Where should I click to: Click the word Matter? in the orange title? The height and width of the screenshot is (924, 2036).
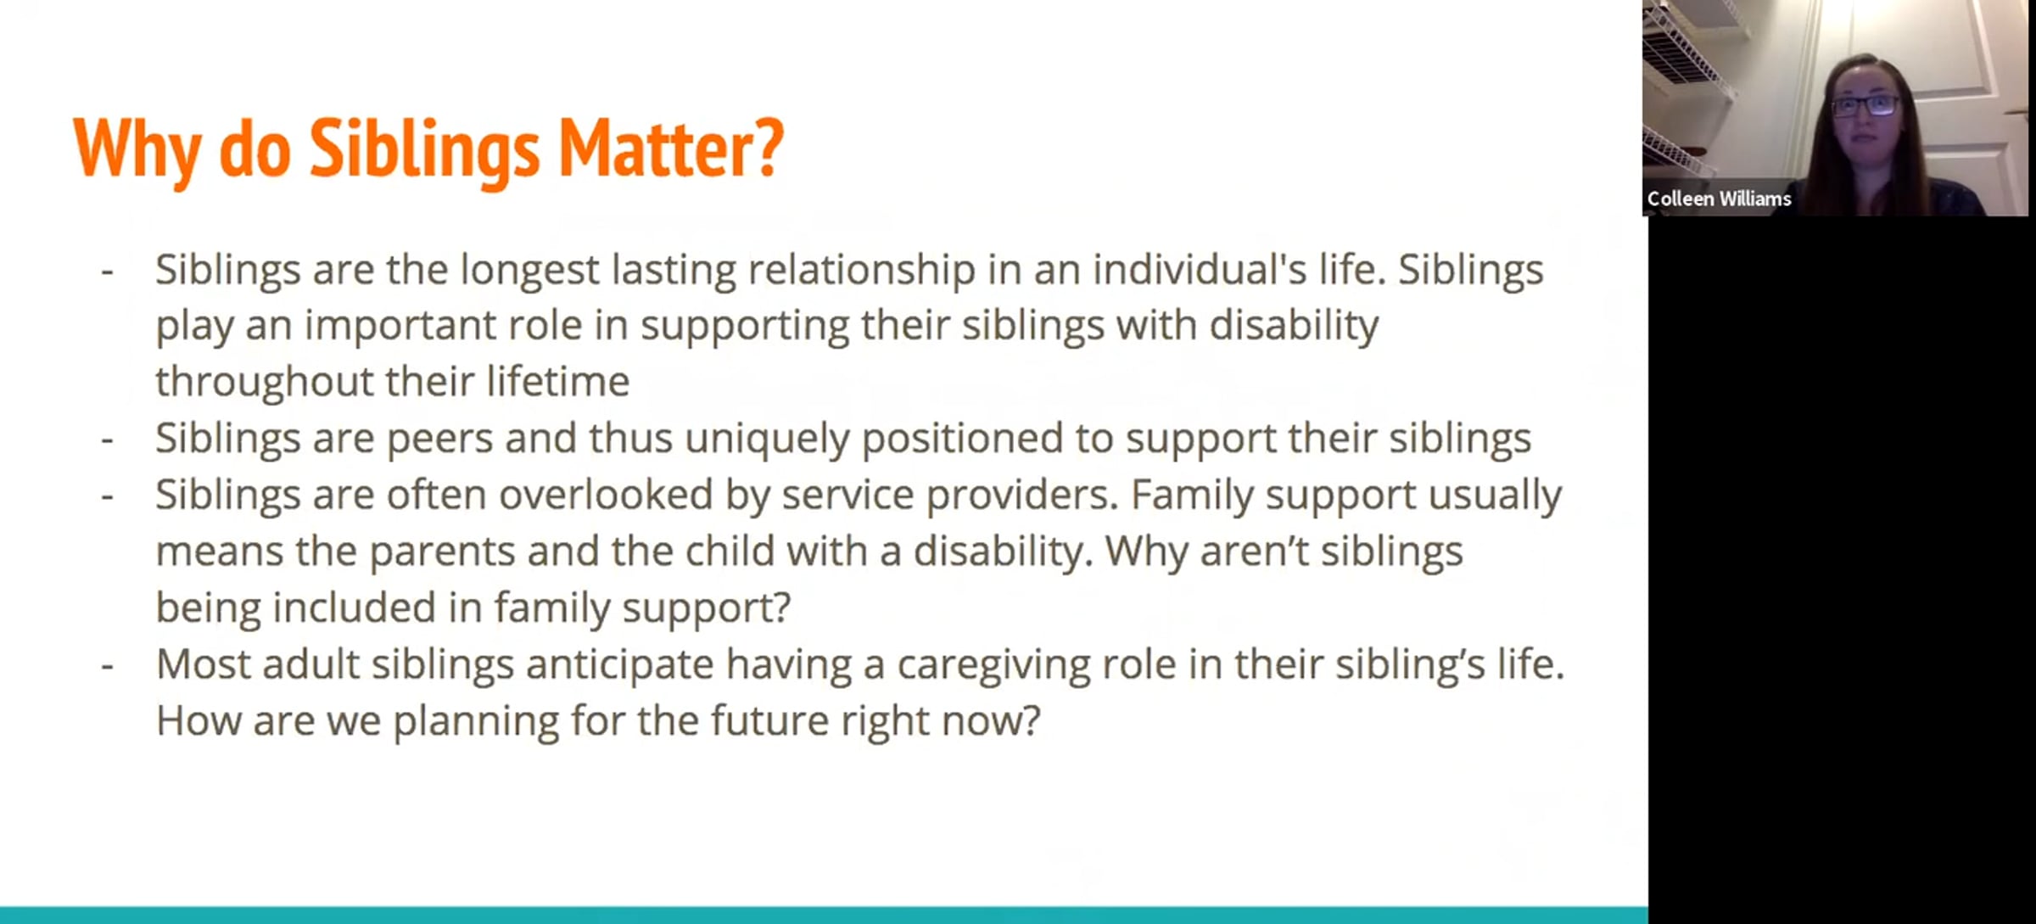(671, 148)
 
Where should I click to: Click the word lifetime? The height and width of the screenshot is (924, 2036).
(557, 381)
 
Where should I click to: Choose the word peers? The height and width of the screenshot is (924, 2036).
(439, 440)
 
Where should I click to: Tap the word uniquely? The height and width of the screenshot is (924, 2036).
(767, 440)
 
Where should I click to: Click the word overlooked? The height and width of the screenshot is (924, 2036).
(605, 495)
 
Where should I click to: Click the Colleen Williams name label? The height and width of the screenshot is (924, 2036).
(1719, 199)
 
